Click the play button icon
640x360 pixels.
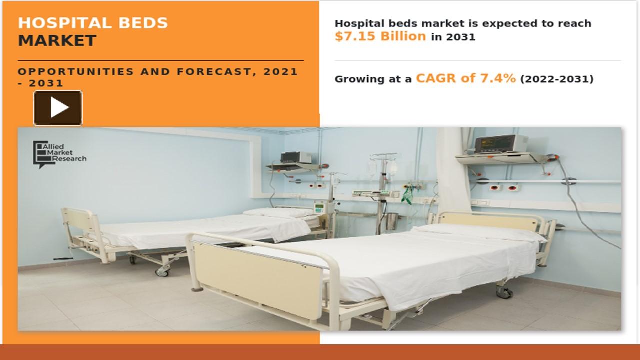[58, 108]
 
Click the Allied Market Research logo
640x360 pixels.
[60, 154]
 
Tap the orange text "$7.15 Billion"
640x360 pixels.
[380, 36]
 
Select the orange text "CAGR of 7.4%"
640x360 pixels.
[465, 78]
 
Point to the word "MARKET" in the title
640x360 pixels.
[57, 41]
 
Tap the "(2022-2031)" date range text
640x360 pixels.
[557, 79]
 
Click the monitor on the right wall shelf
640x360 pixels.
[500, 144]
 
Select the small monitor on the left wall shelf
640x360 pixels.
[290, 157]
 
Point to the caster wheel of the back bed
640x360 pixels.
[163, 271]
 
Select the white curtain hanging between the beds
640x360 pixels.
[452, 170]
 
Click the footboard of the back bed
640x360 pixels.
[79, 230]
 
